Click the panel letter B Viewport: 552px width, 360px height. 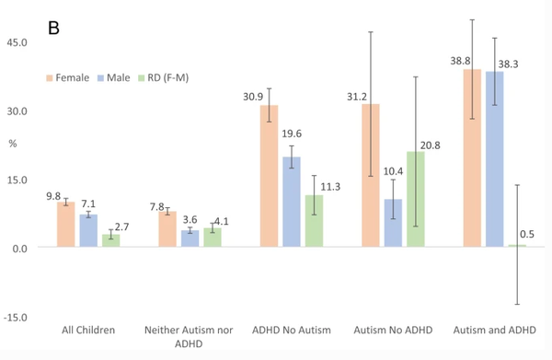pos(53,28)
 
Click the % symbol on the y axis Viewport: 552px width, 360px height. pos(13,145)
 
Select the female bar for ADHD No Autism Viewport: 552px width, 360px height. pos(269,176)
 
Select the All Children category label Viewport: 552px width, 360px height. pos(87,329)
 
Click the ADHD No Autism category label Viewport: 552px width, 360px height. pos(291,329)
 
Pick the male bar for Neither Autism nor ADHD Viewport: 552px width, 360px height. pos(190,238)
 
